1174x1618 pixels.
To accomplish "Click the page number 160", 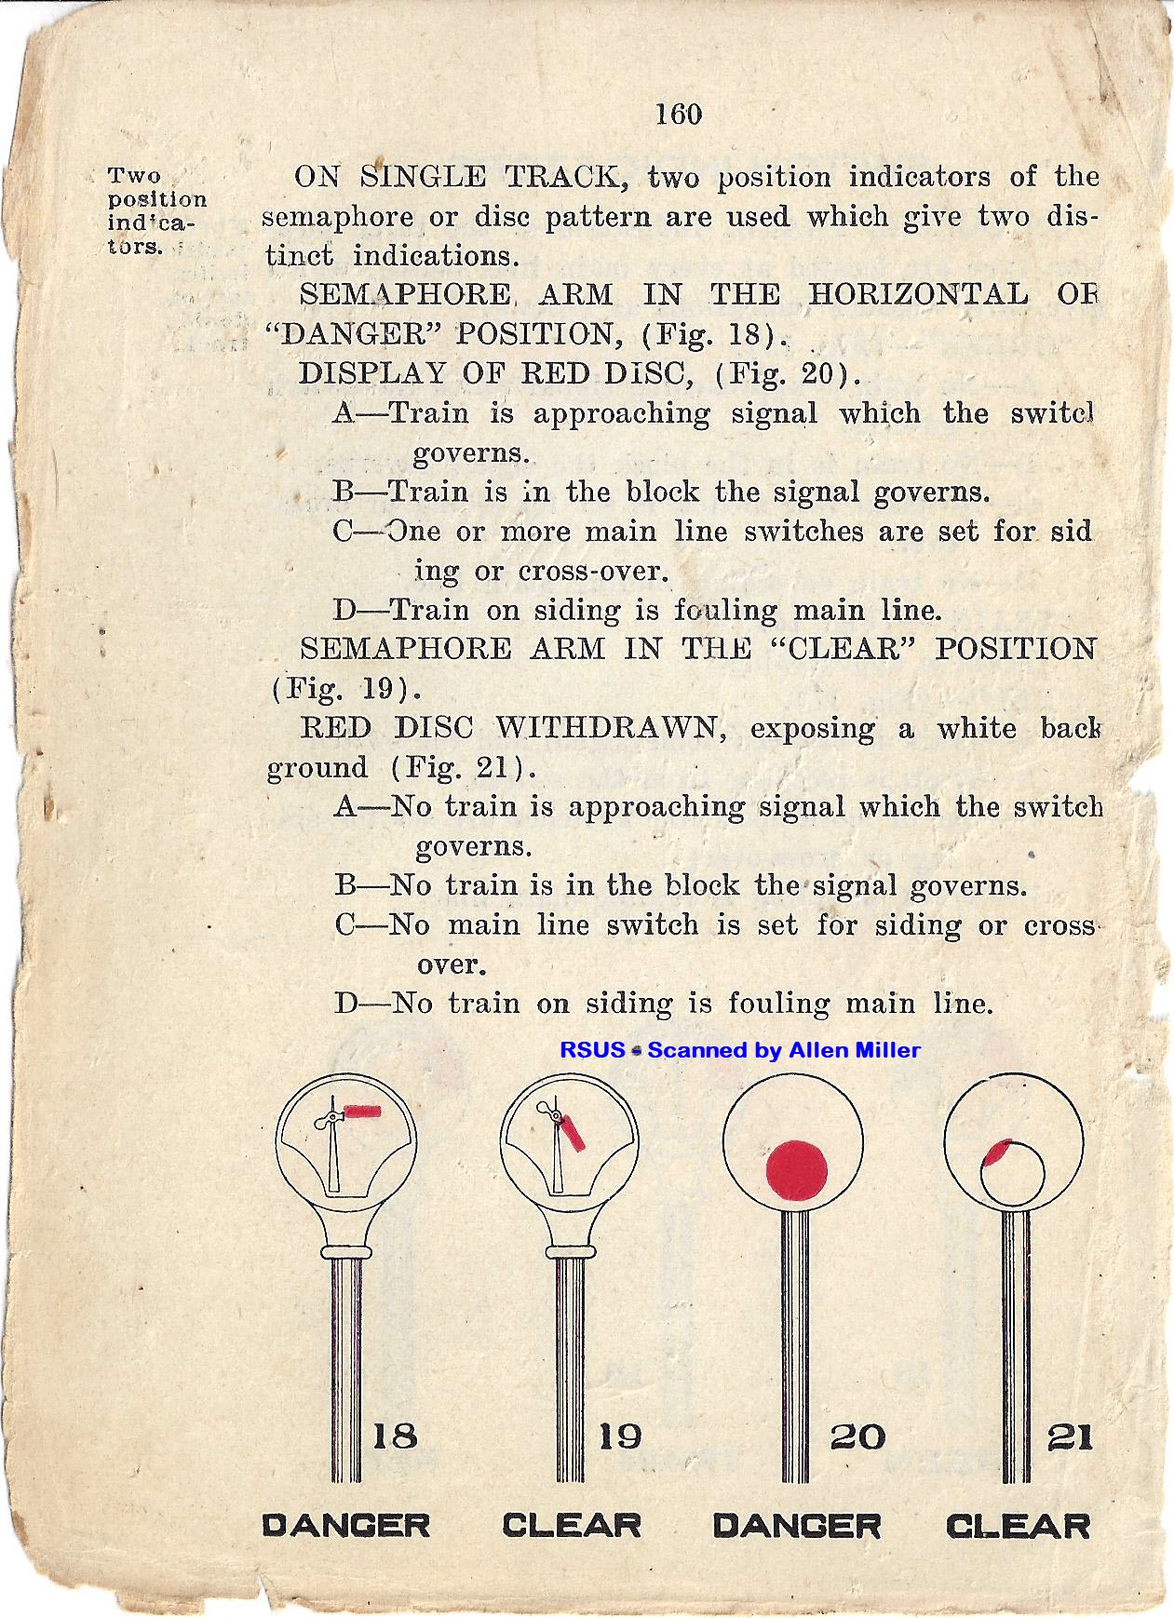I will (x=678, y=114).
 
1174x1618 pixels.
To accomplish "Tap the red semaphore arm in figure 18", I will (x=363, y=1110).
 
